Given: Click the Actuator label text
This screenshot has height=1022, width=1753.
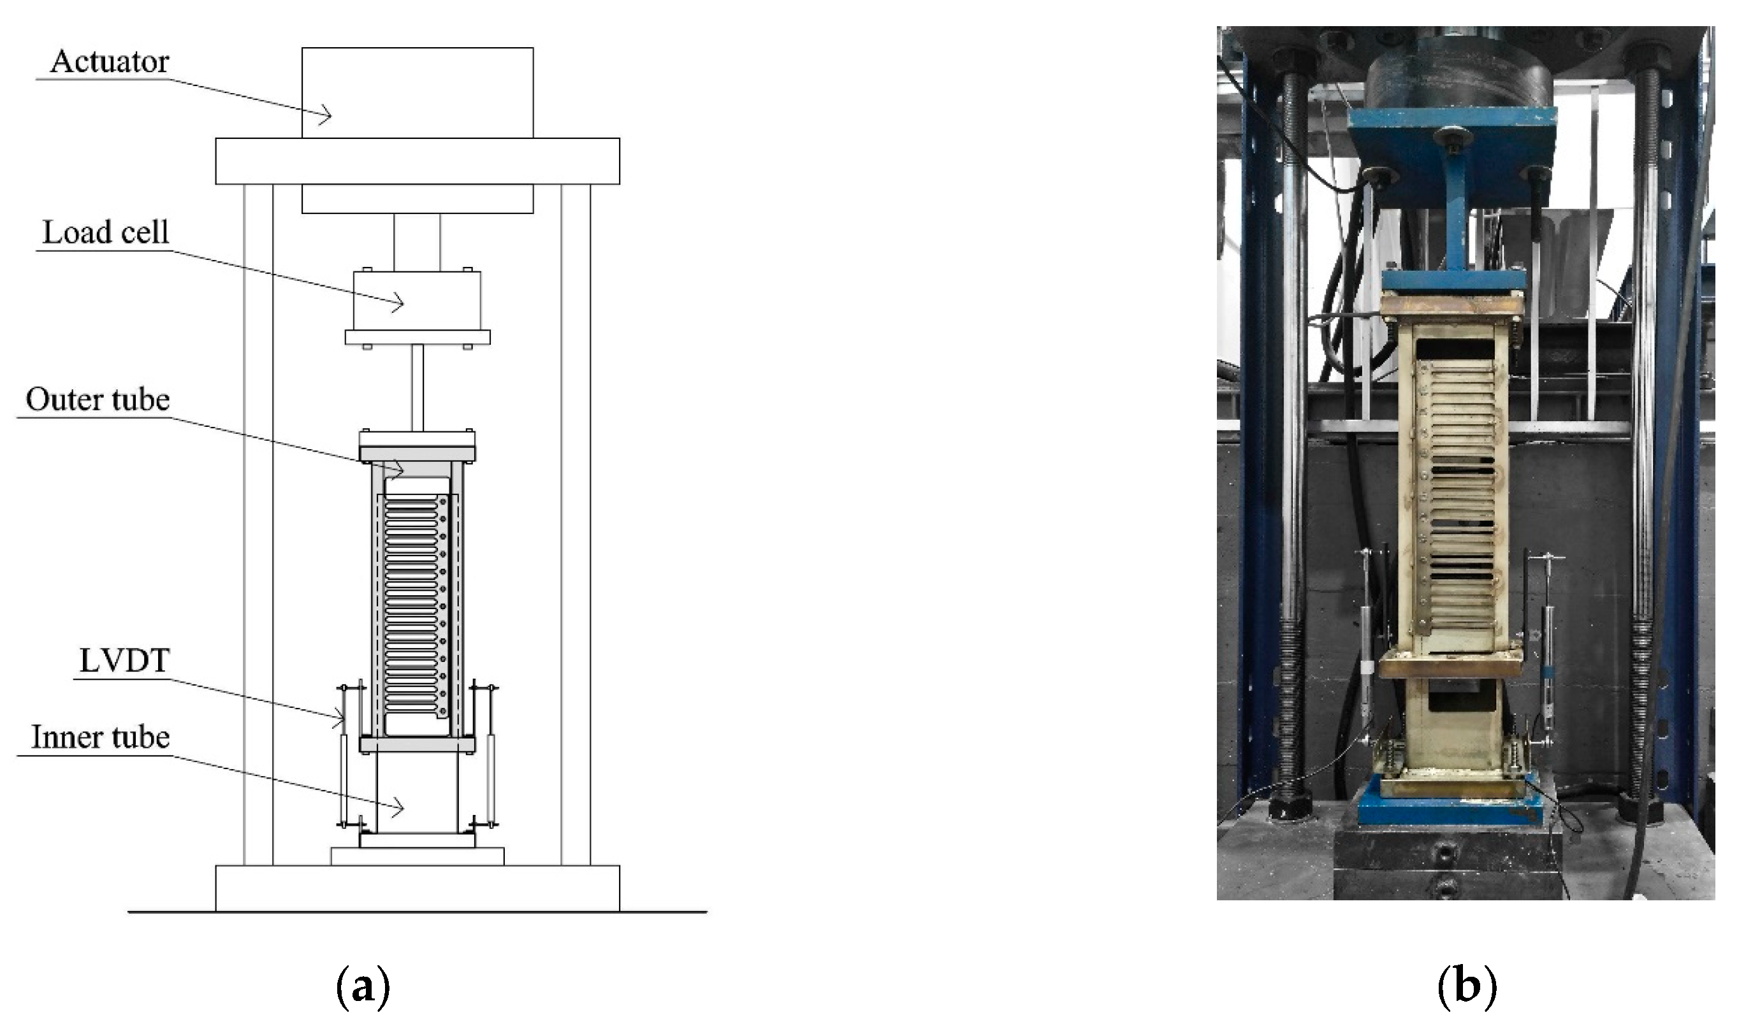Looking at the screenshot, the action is tap(109, 62).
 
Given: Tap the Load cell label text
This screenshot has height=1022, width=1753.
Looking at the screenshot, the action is tap(106, 232).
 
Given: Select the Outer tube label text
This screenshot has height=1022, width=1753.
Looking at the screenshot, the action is tap(98, 399).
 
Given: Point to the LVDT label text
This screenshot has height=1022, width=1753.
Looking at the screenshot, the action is tap(124, 661).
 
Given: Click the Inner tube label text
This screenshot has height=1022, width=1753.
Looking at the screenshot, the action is tap(101, 737).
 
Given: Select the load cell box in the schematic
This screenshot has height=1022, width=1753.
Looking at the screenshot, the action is tap(417, 300).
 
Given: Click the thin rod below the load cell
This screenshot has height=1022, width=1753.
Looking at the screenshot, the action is tap(417, 387).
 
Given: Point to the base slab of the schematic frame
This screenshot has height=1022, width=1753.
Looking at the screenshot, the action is tap(417, 888).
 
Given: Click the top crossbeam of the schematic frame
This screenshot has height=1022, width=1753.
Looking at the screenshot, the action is tap(417, 161).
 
